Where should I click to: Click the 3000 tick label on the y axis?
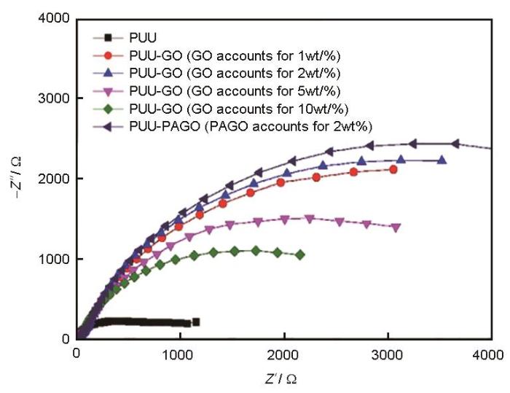pos(57,98)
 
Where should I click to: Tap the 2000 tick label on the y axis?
pos(57,179)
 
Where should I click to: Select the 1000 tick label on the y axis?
pos(57,259)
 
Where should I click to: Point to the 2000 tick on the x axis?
pos(282,354)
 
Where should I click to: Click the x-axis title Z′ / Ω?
pos(280,378)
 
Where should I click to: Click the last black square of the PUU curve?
pos(195,322)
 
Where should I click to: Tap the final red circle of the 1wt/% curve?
pos(393,169)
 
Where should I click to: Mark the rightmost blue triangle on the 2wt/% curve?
pos(442,160)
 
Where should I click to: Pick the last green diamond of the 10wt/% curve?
pos(300,254)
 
